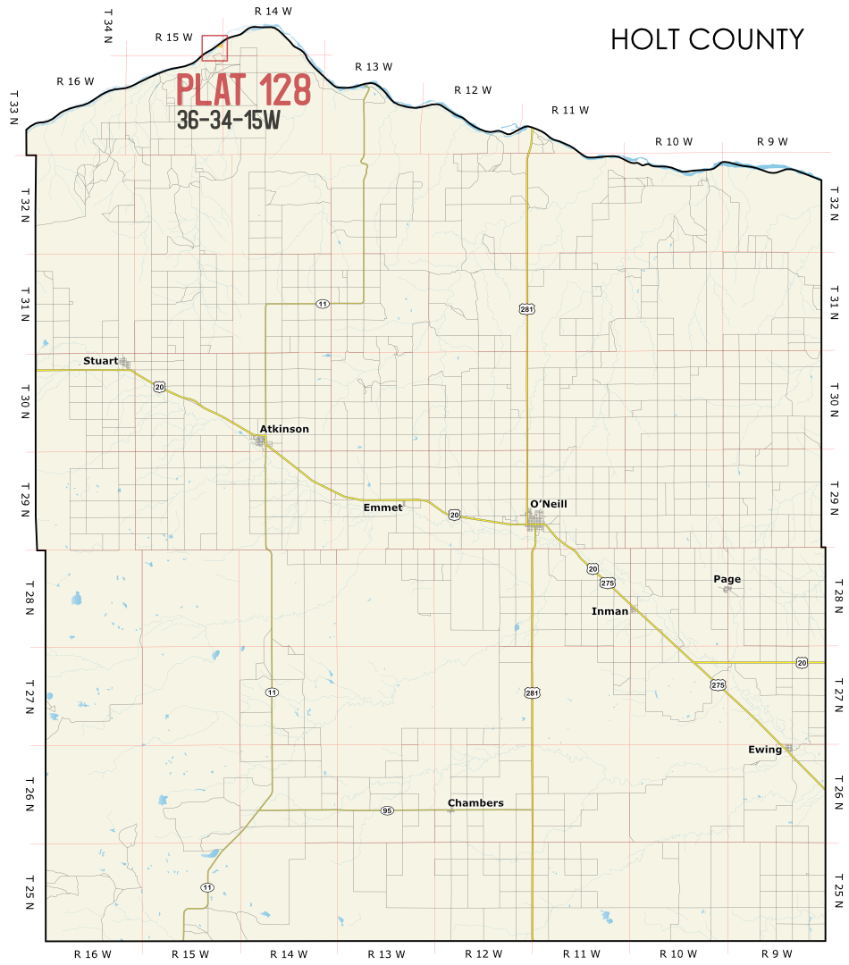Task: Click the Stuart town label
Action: [x=100, y=361]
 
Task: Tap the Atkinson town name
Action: [x=284, y=429]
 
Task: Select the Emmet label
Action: [x=382, y=507]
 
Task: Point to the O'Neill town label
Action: [x=548, y=504]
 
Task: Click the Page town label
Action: [x=727, y=579]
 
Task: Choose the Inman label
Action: [x=609, y=611]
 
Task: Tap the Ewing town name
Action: [x=764, y=750]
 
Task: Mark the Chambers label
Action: [x=475, y=802]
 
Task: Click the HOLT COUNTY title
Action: [x=707, y=40]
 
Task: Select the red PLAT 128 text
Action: [x=244, y=90]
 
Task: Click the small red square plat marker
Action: [x=214, y=48]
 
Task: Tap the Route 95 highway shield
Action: [x=386, y=810]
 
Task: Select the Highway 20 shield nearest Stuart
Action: [x=159, y=386]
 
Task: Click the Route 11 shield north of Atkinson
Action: [x=322, y=304]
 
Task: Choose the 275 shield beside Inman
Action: [x=608, y=583]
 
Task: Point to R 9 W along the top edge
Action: [x=772, y=141]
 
